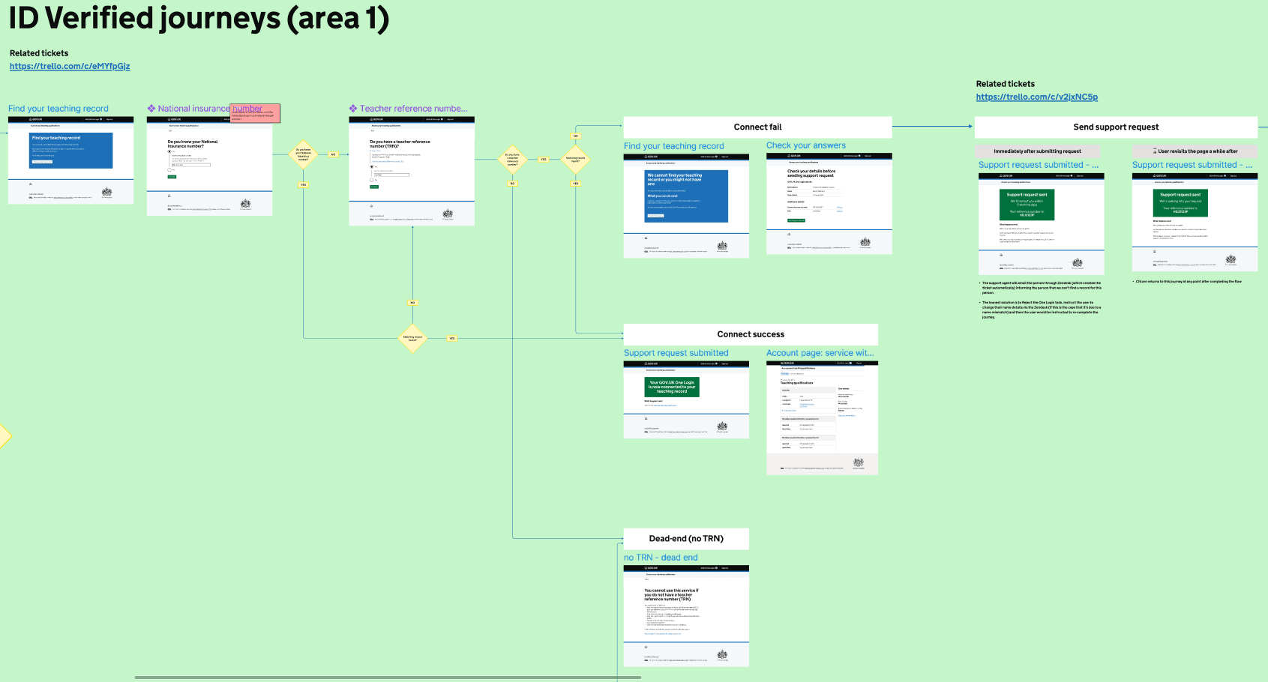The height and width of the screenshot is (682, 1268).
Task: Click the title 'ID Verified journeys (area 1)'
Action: pos(199,19)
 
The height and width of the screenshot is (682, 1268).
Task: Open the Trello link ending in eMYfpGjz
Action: pos(70,66)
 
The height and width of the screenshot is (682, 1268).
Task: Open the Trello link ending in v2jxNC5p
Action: pos(1036,97)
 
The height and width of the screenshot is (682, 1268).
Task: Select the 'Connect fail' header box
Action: pos(757,127)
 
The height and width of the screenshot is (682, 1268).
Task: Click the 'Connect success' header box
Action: pos(751,334)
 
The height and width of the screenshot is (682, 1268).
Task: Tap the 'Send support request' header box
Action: pos(1116,127)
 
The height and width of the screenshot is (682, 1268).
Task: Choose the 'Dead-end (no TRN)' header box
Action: pos(686,538)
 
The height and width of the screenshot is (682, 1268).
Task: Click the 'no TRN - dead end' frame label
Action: pos(661,558)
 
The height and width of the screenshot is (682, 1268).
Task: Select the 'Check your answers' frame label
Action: pos(805,145)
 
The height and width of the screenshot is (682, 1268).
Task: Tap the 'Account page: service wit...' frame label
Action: pos(820,353)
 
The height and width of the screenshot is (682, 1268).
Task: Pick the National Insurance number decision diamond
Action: pos(303,154)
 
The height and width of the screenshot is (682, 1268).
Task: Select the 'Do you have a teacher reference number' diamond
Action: pos(512,159)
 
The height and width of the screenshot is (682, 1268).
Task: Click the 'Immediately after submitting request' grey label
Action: pos(1037,151)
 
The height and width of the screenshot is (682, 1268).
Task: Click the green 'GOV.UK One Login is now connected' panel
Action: pos(671,387)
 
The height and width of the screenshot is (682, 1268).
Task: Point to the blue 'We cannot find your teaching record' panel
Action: pos(686,196)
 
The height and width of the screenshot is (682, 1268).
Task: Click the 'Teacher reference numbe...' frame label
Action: pos(413,109)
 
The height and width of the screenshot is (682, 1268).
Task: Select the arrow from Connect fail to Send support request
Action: pos(933,126)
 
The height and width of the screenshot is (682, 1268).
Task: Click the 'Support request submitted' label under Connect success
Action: pos(676,353)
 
